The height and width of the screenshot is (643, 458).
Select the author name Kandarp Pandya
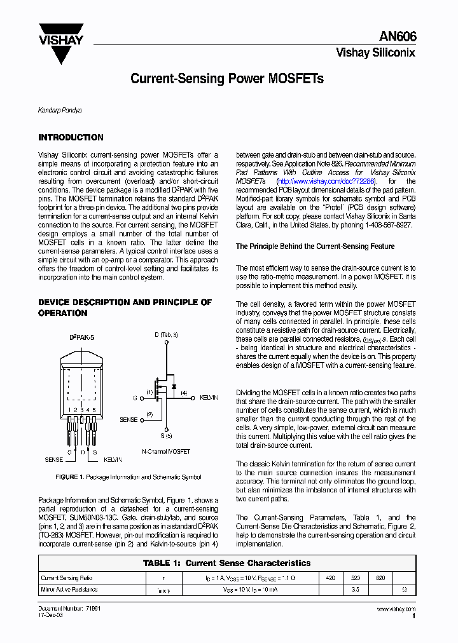[x=60, y=111]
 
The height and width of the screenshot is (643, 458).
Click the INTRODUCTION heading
[x=71, y=137]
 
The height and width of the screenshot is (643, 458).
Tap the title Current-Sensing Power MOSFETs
[x=227, y=79]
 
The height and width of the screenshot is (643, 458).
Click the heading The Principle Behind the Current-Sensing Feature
[x=315, y=247]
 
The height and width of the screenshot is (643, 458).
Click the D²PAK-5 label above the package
[x=81, y=337]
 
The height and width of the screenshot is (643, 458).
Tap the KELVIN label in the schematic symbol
[x=209, y=398]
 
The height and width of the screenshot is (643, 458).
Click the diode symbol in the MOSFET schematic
[x=173, y=387]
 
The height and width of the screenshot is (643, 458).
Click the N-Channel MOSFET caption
[x=165, y=451]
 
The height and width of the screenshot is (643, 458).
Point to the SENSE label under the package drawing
[x=54, y=459]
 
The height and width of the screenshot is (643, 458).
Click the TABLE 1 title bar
[x=227, y=563]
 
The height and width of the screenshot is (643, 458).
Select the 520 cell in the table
[x=356, y=578]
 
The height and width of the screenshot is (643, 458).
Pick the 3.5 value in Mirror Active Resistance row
[x=356, y=590]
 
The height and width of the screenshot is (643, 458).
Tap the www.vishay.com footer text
[x=396, y=609]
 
